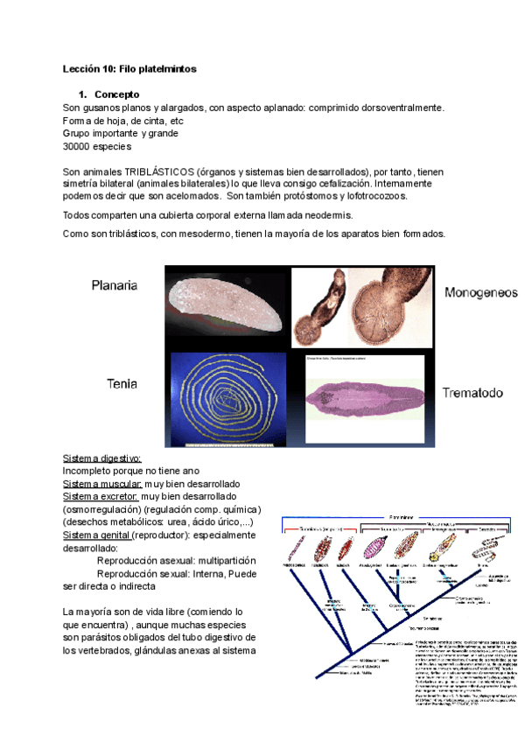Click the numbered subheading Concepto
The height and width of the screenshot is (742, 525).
pos(117,94)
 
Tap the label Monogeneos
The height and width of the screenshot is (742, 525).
pos(480,292)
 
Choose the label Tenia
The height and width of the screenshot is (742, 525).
pos(122,383)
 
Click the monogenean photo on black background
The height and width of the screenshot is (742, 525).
pos(360,309)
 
